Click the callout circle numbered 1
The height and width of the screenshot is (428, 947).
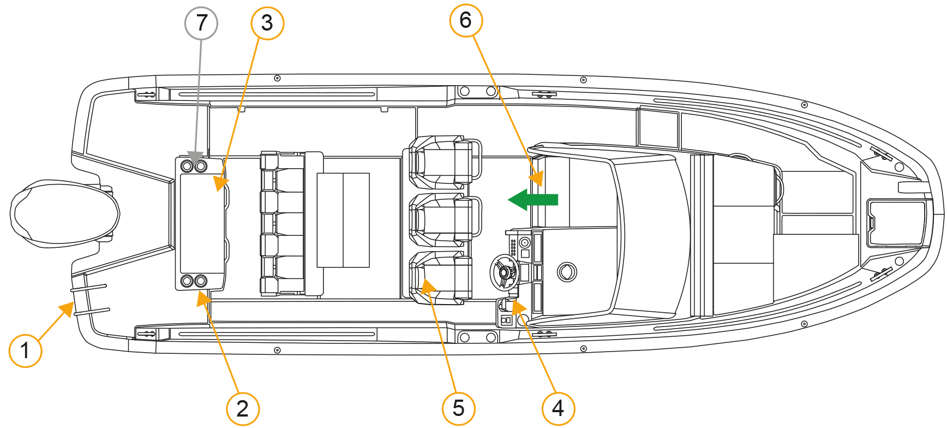tap(25, 350)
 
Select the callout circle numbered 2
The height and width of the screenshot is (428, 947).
tap(243, 408)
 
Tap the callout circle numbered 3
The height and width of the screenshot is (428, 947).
tap(267, 23)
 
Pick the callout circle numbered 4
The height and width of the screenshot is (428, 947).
tap(558, 408)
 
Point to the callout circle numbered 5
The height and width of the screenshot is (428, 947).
tap(458, 408)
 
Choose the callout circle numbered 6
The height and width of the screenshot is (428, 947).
tap(466, 20)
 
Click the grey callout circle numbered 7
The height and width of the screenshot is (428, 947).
tap(201, 23)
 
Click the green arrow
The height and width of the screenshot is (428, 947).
tap(533, 200)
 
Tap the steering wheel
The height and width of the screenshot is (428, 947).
tap(504, 272)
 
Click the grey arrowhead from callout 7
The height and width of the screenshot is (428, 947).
tap(195, 158)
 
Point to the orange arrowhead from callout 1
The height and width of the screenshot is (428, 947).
tap(67, 309)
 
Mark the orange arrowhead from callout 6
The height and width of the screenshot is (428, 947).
tap(537, 179)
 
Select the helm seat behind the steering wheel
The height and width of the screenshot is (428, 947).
tap(441, 278)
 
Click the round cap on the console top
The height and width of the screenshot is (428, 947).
tap(567, 271)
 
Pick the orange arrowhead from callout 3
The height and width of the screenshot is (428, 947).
tap(221, 184)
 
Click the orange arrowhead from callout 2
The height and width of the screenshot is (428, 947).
tap(205, 299)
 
